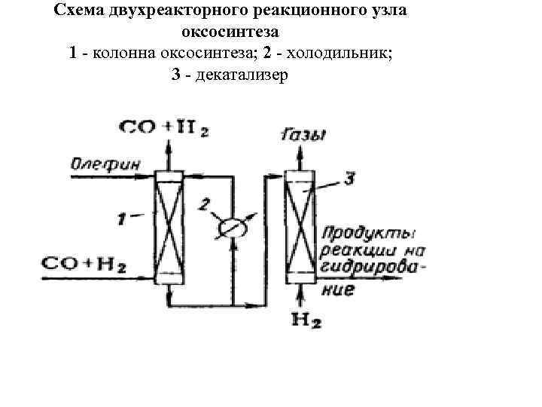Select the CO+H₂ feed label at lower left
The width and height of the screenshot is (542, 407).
pos(84,263)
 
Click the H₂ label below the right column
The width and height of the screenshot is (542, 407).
pos(306,322)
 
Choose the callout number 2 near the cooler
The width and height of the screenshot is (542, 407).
pos(205,203)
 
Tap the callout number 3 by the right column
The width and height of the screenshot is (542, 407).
pos(349,179)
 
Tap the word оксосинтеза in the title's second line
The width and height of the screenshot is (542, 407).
pos(230,33)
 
